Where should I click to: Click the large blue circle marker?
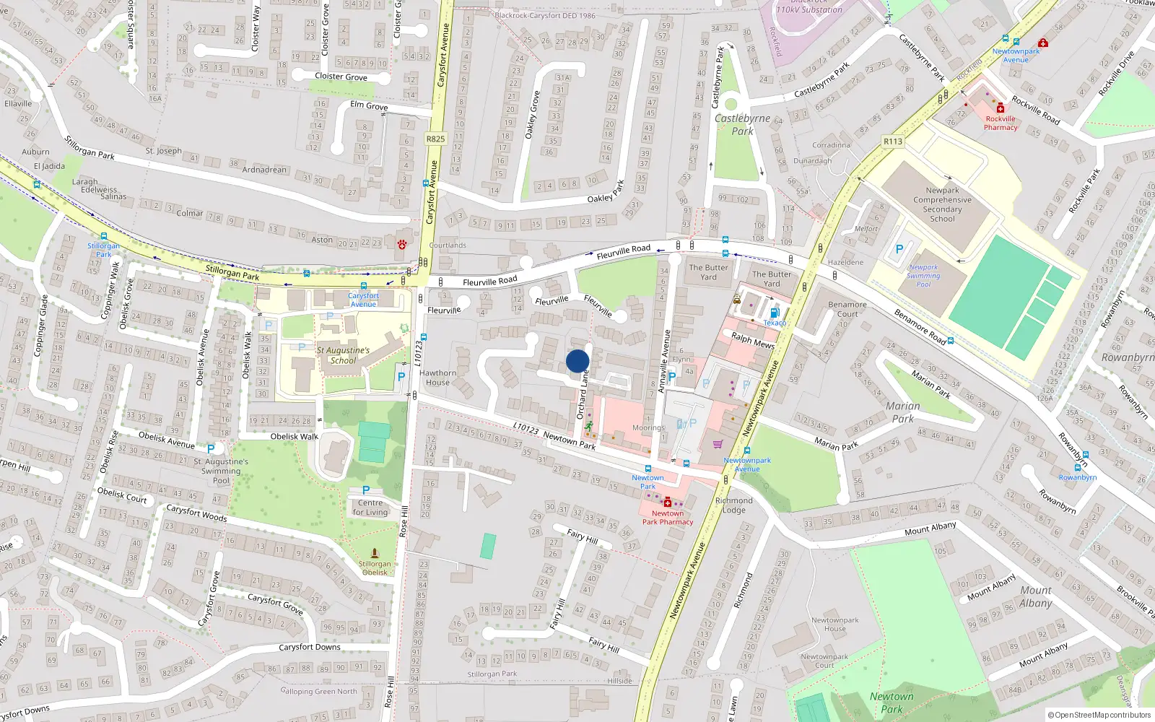[577, 361]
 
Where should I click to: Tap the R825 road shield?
[435, 139]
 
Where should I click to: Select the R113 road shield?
[893, 142]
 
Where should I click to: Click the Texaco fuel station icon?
[775, 313]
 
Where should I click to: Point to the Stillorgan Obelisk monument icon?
[374, 554]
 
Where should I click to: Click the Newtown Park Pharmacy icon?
[668, 503]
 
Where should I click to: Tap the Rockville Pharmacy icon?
[1001, 108]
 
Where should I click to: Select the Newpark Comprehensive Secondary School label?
[942, 204]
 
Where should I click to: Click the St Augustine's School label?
[343, 355]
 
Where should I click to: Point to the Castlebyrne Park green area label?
[742, 124]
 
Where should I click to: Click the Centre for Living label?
[370, 508]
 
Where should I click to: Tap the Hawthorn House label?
[437, 378]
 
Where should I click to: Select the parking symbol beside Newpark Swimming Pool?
[899, 249]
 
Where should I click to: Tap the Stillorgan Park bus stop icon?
[104, 236]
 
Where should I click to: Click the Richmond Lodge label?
[733, 505]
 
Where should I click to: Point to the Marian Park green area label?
[902, 412]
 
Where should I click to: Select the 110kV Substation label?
[808, 9]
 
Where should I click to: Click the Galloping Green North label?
[318, 691]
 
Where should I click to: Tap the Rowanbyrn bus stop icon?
[1078, 468]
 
